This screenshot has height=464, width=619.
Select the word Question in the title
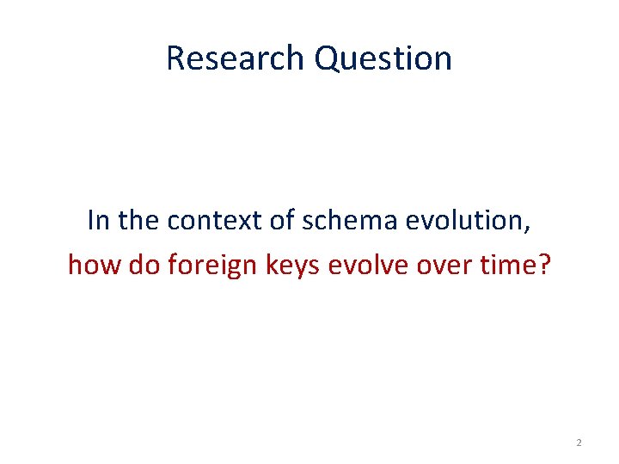pyautogui.click(x=383, y=58)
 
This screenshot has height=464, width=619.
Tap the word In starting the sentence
pyautogui.click(x=98, y=221)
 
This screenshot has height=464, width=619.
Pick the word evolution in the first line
pyautogui.click(x=465, y=221)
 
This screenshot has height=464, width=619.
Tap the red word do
pyautogui.click(x=143, y=265)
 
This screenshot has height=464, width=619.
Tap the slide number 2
pyautogui.click(x=579, y=442)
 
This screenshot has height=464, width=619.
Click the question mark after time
pyautogui.click(x=546, y=265)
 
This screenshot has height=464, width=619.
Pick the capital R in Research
pyautogui.click(x=175, y=58)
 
